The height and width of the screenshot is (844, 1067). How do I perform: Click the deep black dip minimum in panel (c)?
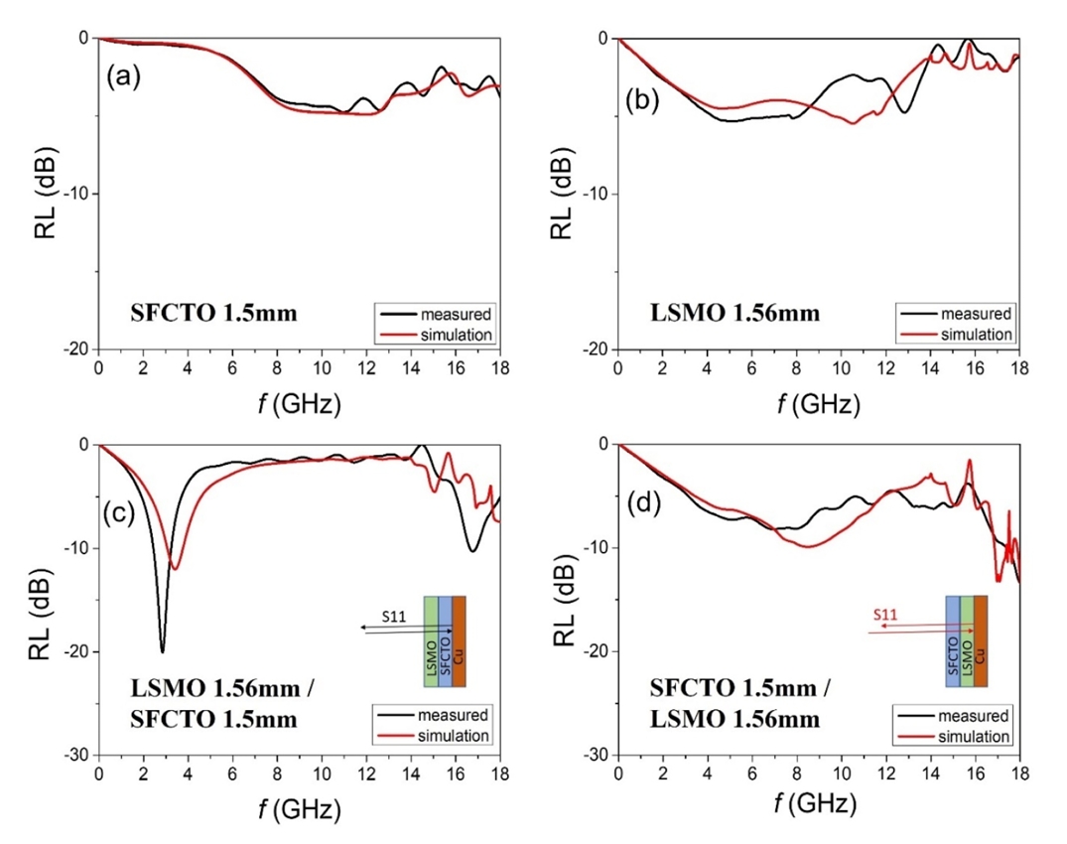coord(163,651)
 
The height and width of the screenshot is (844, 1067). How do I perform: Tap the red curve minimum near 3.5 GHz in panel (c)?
coord(176,569)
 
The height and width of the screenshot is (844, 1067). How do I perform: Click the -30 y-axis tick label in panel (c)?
coord(76,756)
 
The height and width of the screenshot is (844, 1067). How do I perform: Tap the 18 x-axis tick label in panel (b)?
coord(1018,368)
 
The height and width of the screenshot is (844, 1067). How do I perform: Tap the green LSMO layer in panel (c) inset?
coord(431,641)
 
